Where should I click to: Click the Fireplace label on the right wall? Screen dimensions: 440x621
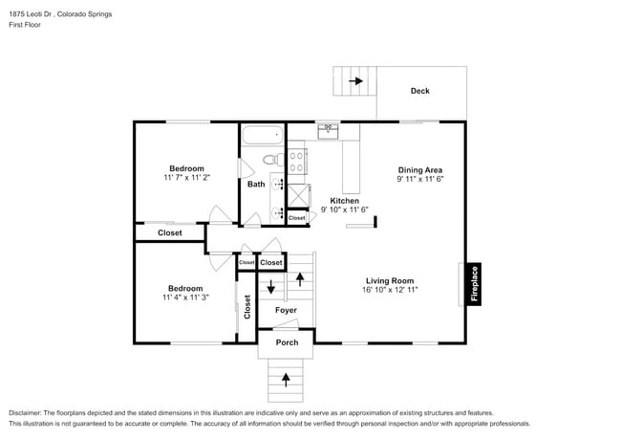474,284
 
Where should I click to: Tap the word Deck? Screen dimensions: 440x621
420,92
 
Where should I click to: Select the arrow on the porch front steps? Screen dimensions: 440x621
287,380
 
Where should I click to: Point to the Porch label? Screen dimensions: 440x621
287,342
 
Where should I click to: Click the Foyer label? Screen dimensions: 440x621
286,310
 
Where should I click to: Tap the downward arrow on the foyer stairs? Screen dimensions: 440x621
271,285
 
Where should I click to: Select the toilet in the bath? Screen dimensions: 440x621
270,159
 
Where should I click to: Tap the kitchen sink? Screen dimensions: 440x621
330,129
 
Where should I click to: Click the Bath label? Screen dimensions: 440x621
256,185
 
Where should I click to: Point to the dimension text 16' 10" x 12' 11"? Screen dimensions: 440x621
389,289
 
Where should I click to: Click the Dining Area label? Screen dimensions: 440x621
420,168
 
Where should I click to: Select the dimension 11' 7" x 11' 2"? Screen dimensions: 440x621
186,178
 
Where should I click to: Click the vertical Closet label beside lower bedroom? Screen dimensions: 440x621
246,306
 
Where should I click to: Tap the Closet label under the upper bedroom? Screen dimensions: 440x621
170,232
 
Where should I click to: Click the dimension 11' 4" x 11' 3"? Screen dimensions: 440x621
185,297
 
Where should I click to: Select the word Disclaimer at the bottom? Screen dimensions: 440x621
27,412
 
